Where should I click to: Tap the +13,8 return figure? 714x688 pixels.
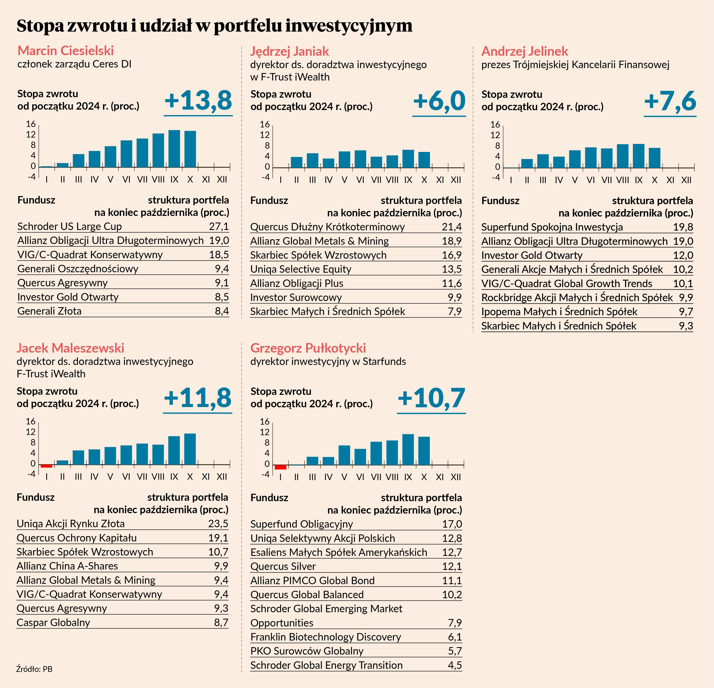point(198,101)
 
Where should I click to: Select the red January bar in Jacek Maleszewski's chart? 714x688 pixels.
point(47,466)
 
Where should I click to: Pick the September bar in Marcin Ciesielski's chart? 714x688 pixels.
point(174,148)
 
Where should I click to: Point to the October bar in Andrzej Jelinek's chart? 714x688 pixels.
point(654,158)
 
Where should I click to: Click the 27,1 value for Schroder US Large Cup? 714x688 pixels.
point(219,226)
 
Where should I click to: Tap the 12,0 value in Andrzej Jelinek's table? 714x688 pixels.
point(683,255)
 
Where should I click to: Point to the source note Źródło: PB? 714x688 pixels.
point(34,669)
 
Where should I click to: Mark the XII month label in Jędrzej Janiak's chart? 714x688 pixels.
point(456,180)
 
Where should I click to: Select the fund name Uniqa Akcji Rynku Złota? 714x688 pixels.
point(71,524)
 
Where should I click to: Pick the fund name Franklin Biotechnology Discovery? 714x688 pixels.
point(326,637)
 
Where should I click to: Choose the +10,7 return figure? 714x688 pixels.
point(432,398)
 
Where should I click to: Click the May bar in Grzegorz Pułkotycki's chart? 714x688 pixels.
point(344,455)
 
